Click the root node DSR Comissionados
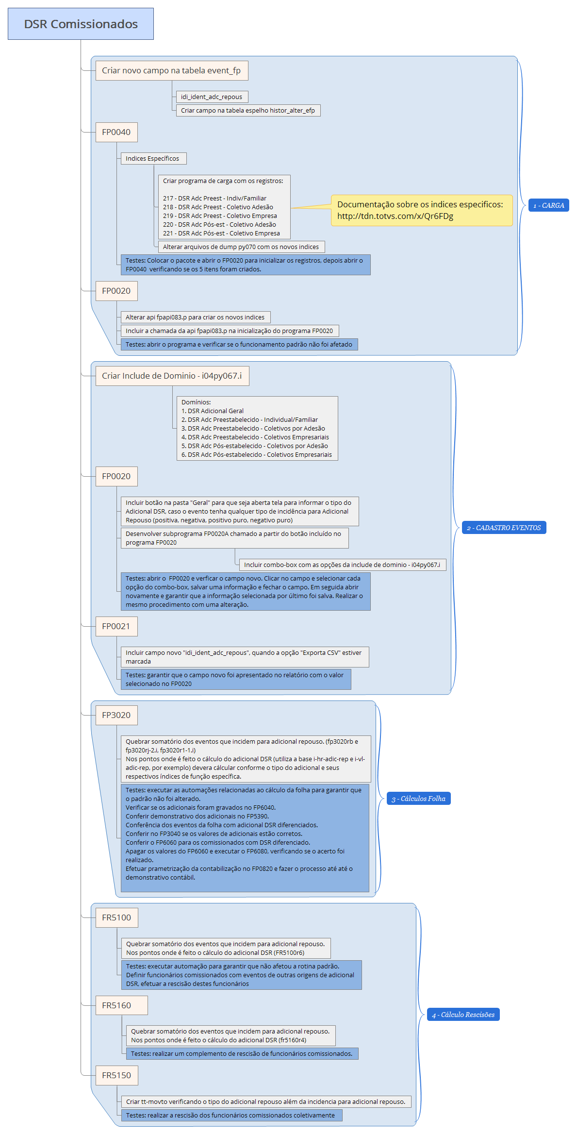81,24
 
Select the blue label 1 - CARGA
548,205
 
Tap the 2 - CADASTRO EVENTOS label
503,528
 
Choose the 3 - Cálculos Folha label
418,799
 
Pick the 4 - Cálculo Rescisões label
463,1015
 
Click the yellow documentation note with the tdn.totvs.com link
421,210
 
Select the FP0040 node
116,132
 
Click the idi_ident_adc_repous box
212,97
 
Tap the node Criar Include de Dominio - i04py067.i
172,376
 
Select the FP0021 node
116,626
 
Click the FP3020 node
116,715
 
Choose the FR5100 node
116,917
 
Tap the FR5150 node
116,1075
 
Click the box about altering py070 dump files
241,247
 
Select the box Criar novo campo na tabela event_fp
171,70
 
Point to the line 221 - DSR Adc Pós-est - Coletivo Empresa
221,233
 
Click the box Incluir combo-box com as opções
342,565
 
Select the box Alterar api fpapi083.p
195,317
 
